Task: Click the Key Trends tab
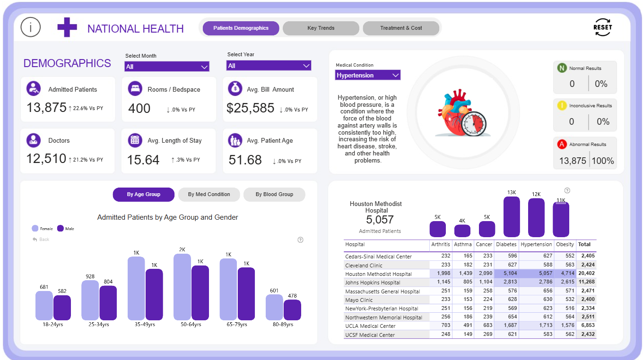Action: tap(321, 28)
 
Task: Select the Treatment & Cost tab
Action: tap(401, 28)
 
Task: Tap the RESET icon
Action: tap(602, 27)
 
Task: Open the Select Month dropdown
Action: tap(166, 67)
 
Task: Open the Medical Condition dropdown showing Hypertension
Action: tap(368, 75)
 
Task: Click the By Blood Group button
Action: tap(274, 195)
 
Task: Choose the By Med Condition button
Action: tap(209, 195)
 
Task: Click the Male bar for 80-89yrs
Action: tap(292, 310)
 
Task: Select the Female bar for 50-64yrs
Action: tap(182, 287)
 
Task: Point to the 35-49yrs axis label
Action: tap(145, 325)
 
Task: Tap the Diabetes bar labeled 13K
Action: tap(512, 217)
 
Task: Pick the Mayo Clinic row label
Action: tap(359, 300)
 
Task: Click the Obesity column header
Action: tap(565, 245)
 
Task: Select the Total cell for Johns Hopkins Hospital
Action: tap(586, 283)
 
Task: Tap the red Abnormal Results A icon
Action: tap(562, 145)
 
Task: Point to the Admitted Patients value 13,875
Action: tap(46, 108)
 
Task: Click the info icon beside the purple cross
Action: tap(31, 27)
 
